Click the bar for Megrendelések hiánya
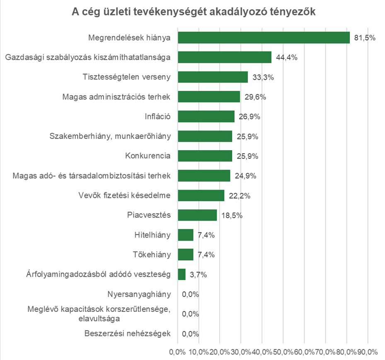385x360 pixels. tap(264, 38)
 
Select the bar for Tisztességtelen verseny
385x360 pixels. tap(213, 77)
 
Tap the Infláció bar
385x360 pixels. tap(206, 117)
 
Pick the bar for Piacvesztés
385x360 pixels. tap(197, 215)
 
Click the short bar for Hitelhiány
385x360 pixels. tap(186, 235)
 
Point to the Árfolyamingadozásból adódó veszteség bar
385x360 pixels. tap(182, 274)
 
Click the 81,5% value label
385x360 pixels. tap(365, 38)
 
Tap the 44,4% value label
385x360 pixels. tap(286, 58)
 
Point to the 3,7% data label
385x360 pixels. tap(198, 275)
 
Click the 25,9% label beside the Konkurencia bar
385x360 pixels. tap(247, 156)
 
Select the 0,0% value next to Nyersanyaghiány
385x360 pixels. tap(191, 294)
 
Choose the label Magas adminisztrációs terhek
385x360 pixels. tap(117, 97)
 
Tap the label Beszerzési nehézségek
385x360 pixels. tap(128, 333)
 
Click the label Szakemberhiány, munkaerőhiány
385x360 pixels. tap(110, 136)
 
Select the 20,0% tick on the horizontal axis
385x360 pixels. tap(220, 352)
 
